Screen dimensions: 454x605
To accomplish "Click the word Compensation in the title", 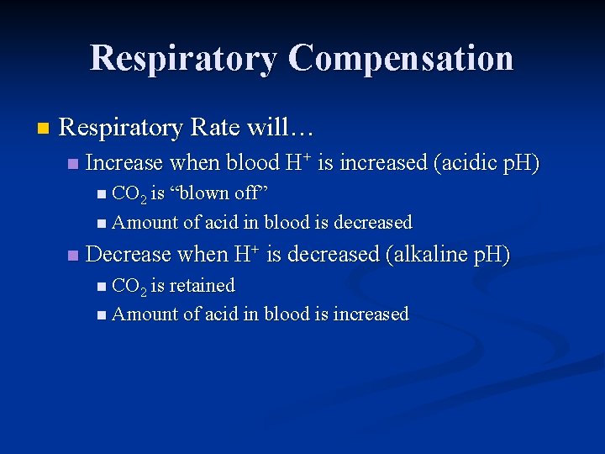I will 400,59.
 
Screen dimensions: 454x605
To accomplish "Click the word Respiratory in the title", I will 183,59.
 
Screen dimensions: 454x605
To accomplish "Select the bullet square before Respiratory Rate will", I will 43,129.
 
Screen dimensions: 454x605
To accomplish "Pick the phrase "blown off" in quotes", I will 219,193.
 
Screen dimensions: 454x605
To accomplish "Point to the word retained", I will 202,286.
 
